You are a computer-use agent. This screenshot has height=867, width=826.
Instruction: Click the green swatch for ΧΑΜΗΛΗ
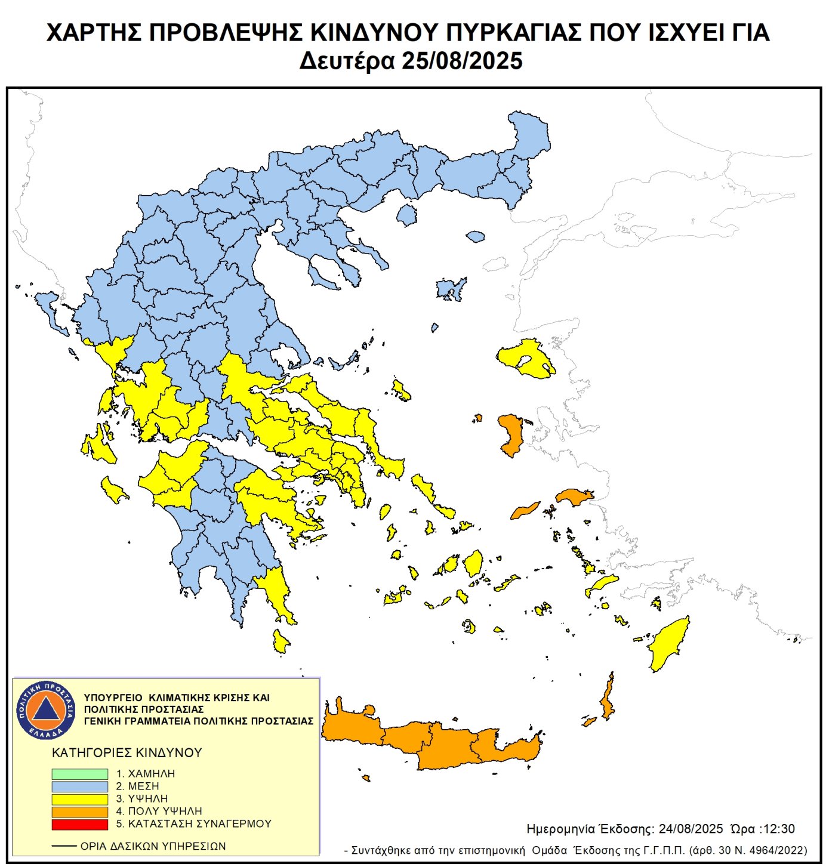coord(79,773)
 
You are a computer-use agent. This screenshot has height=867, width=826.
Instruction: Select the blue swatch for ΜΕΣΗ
coord(79,786)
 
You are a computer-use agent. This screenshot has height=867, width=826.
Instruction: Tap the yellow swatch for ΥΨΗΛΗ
coord(79,799)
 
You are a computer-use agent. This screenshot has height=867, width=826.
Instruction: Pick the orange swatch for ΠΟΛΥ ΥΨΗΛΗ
coord(79,812)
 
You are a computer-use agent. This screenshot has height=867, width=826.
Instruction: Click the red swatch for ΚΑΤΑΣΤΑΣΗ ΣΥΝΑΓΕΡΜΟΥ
coord(79,824)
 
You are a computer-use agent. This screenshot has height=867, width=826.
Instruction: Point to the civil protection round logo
coord(46,709)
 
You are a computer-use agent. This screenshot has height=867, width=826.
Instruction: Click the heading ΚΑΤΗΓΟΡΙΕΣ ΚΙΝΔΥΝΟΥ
coord(127,752)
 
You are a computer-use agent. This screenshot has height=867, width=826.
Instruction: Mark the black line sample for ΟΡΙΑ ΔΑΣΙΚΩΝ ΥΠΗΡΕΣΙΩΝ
coord(64,846)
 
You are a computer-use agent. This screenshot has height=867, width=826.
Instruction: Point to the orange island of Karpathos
coord(608,698)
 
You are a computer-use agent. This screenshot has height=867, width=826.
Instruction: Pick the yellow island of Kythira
coord(280,641)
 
